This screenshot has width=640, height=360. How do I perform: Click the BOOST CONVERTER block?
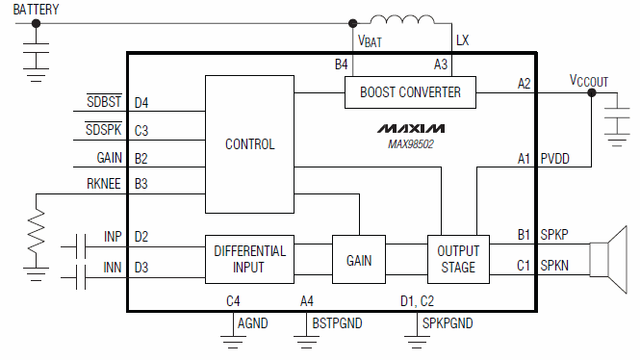point(410,93)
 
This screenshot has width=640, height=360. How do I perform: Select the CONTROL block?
point(249,144)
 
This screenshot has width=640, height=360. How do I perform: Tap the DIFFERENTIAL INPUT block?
point(249,259)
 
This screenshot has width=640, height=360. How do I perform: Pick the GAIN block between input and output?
point(358,260)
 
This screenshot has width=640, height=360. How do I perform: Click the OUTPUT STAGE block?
point(457,259)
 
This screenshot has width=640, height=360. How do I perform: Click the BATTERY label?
point(36,10)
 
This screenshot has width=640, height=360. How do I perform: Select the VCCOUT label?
point(588,81)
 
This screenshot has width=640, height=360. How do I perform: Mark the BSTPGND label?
point(337,323)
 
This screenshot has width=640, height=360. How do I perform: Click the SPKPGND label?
point(448,323)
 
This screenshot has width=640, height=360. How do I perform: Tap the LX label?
point(463,40)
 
